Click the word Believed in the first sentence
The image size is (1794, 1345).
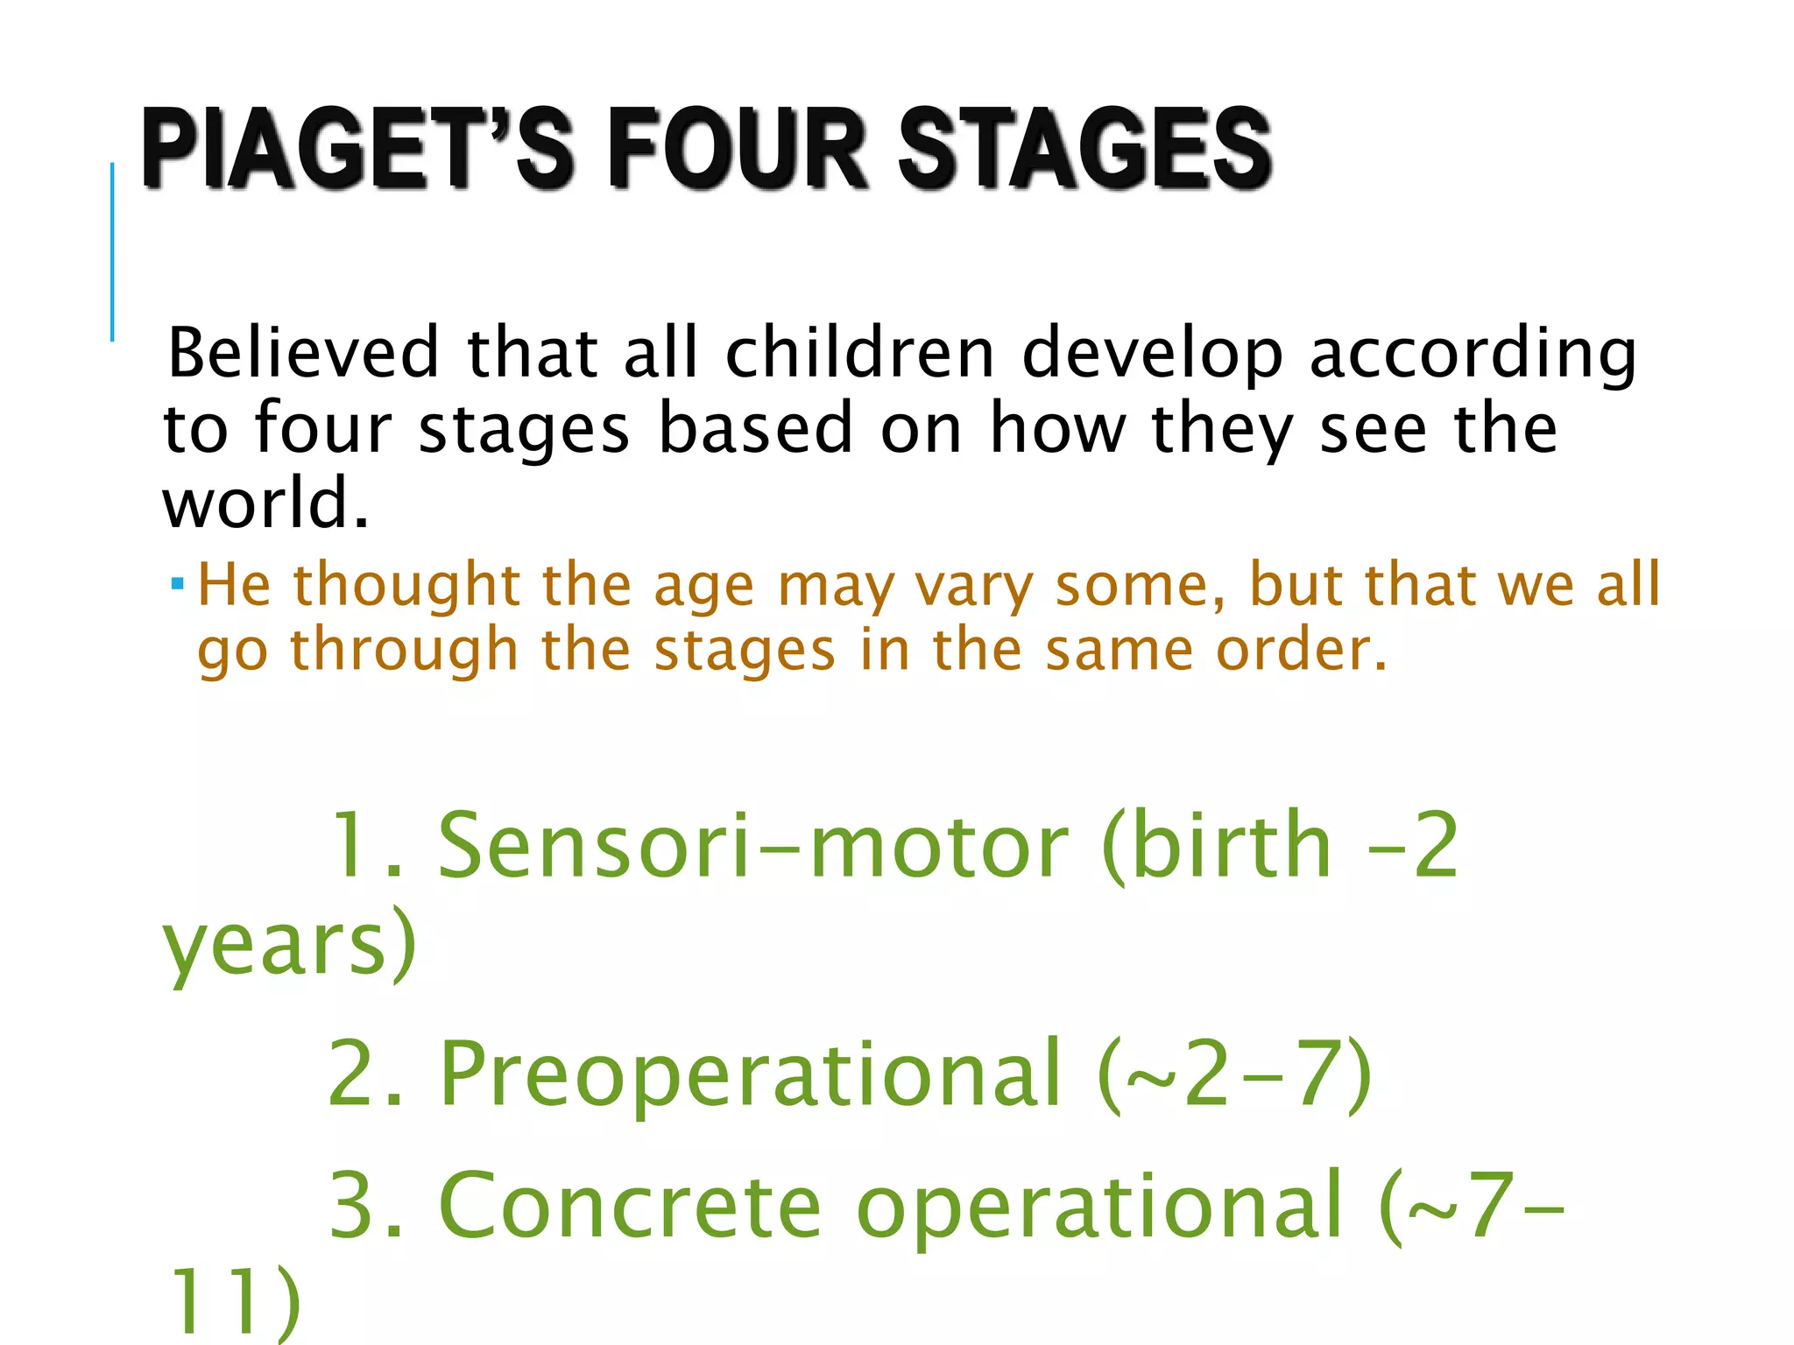tap(303, 352)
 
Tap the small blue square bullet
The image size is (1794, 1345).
tap(178, 582)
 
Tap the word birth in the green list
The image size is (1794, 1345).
tap(1231, 845)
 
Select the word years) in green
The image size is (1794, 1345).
tap(290, 946)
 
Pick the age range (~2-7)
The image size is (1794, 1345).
tap(1235, 1074)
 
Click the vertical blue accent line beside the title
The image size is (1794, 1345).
tap(112, 251)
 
